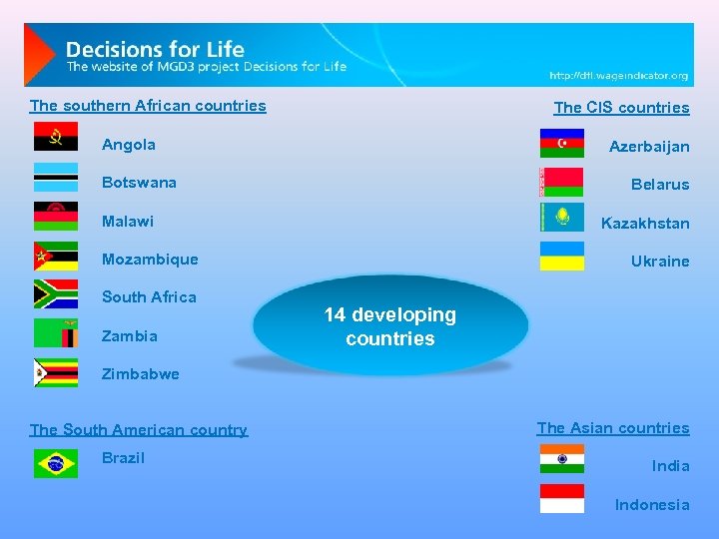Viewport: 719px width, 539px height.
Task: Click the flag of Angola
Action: (x=56, y=137)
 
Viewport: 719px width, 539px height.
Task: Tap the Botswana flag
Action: (x=56, y=177)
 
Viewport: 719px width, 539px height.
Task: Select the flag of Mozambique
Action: (x=56, y=257)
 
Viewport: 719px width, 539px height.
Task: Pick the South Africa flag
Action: (x=56, y=294)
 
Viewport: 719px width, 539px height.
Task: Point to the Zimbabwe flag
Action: (x=56, y=372)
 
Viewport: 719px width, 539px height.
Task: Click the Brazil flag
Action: (x=56, y=463)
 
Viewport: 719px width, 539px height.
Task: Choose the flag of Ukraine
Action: (x=562, y=257)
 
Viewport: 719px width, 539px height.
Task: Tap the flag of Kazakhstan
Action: (x=562, y=217)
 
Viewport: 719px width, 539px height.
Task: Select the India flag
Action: (x=562, y=458)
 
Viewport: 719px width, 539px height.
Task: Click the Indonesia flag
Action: (x=562, y=498)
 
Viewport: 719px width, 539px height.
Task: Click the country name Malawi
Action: (x=128, y=221)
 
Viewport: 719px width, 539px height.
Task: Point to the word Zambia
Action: (x=130, y=335)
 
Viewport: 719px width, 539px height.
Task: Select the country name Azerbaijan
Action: (x=649, y=147)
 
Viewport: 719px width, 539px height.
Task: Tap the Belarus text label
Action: (x=659, y=185)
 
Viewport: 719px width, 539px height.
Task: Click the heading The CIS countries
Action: (x=621, y=108)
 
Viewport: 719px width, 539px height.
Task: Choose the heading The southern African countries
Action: (x=148, y=106)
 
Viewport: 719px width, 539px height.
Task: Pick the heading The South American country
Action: (x=139, y=430)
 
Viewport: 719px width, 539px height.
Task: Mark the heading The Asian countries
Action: (x=612, y=428)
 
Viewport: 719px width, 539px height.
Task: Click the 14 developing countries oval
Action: (x=390, y=326)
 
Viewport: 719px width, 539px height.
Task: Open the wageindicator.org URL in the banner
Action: (x=618, y=76)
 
